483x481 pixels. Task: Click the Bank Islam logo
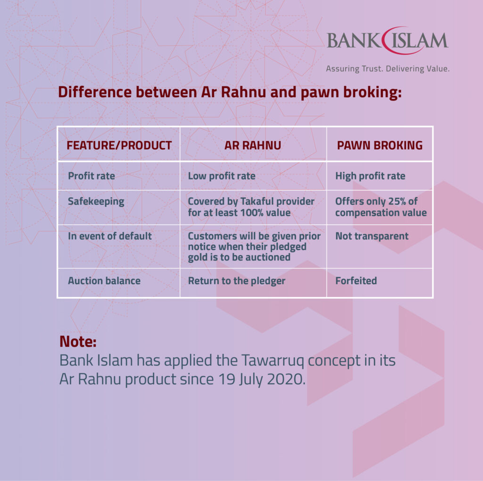[x=387, y=41]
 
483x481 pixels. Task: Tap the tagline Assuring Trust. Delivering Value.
[x=387, y=69]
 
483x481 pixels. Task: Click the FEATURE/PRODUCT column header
[x=119, y=145]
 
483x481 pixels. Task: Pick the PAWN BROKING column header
[x=380, y=145]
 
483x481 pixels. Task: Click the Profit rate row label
[x=91, y=176]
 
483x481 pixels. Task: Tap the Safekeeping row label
[x=96, y=202]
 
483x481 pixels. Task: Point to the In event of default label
[x=110, y=236]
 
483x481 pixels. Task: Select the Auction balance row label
[x=104, y=281]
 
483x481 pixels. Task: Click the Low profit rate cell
[x=222, y=176]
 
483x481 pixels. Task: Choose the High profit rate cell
[x=370, y=176]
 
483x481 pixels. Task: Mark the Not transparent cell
[x=372, y=236]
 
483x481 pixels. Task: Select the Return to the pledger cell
[x=237, y=281]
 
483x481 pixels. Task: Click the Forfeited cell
[x=356, y=281]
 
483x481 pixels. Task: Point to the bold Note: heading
[x=78, y=341]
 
